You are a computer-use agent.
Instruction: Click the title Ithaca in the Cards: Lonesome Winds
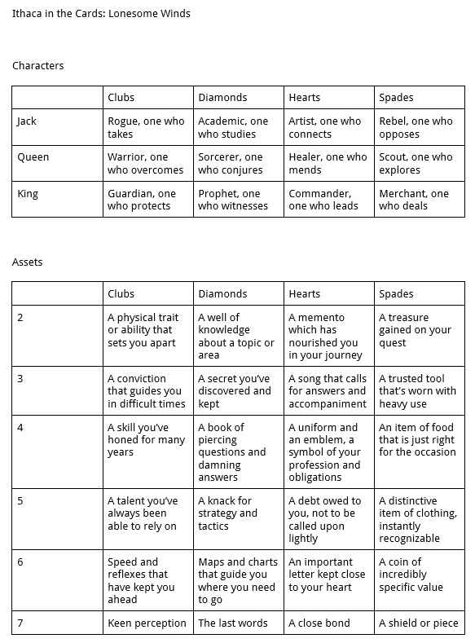tap(101, 14)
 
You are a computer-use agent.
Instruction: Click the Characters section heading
tap(37, 66)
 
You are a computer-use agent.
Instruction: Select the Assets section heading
tap(27, 262)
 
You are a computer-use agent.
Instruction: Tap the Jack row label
tap(27, 121)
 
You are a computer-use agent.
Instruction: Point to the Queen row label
tap(33, 157)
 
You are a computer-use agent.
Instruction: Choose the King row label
tap(28, 194)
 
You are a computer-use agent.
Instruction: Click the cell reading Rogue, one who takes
tap(147, 127)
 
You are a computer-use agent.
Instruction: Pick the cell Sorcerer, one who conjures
tap(231, 163)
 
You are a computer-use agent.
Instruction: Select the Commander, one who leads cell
tap(323, 200)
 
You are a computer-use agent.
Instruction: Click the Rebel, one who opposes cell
tap(416, 127)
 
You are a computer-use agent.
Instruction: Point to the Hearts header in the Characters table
tap(305, 98)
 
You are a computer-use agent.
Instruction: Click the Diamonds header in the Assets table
tap(222, 294)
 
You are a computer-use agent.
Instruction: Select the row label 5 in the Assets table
tap(20, 501)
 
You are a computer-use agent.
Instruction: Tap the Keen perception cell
tap(147, 623)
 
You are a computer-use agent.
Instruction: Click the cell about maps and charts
tap(237, 580)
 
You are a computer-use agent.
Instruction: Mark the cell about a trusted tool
tap(417, 391)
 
